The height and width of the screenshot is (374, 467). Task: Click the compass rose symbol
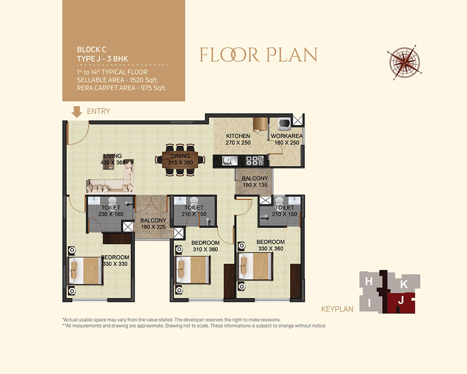[x=405, y=63]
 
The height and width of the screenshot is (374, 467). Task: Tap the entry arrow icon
[x=77, y=112]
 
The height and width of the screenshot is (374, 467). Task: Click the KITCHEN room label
[x=238, y=136]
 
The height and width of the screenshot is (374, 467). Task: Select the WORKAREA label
[x=287, y=136]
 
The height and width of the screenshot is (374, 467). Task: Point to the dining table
[x=180, y=159]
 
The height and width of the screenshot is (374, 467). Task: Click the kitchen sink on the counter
[x=230, y=161]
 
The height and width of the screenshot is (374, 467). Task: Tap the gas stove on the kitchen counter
[x=254, y=160]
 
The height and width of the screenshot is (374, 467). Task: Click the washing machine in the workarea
[x=284, y=124]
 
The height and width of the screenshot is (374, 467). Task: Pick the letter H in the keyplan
[x=369, y=281]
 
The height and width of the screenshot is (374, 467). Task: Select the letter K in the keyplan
[x=404, y=284]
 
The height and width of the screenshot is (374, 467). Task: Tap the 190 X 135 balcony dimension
[x=255, y=185]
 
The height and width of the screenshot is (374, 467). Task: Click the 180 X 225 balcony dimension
[x=153, y=227]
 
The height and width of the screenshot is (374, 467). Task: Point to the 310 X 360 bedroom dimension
[x=205, y=249]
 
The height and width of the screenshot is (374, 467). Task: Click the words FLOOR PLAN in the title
[x=258, y=55]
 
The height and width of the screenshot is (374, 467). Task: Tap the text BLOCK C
[x=91, y=50]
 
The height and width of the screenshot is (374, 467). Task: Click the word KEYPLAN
[x=337, y=309]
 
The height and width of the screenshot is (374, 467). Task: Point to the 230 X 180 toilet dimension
[x=111, y=214]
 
